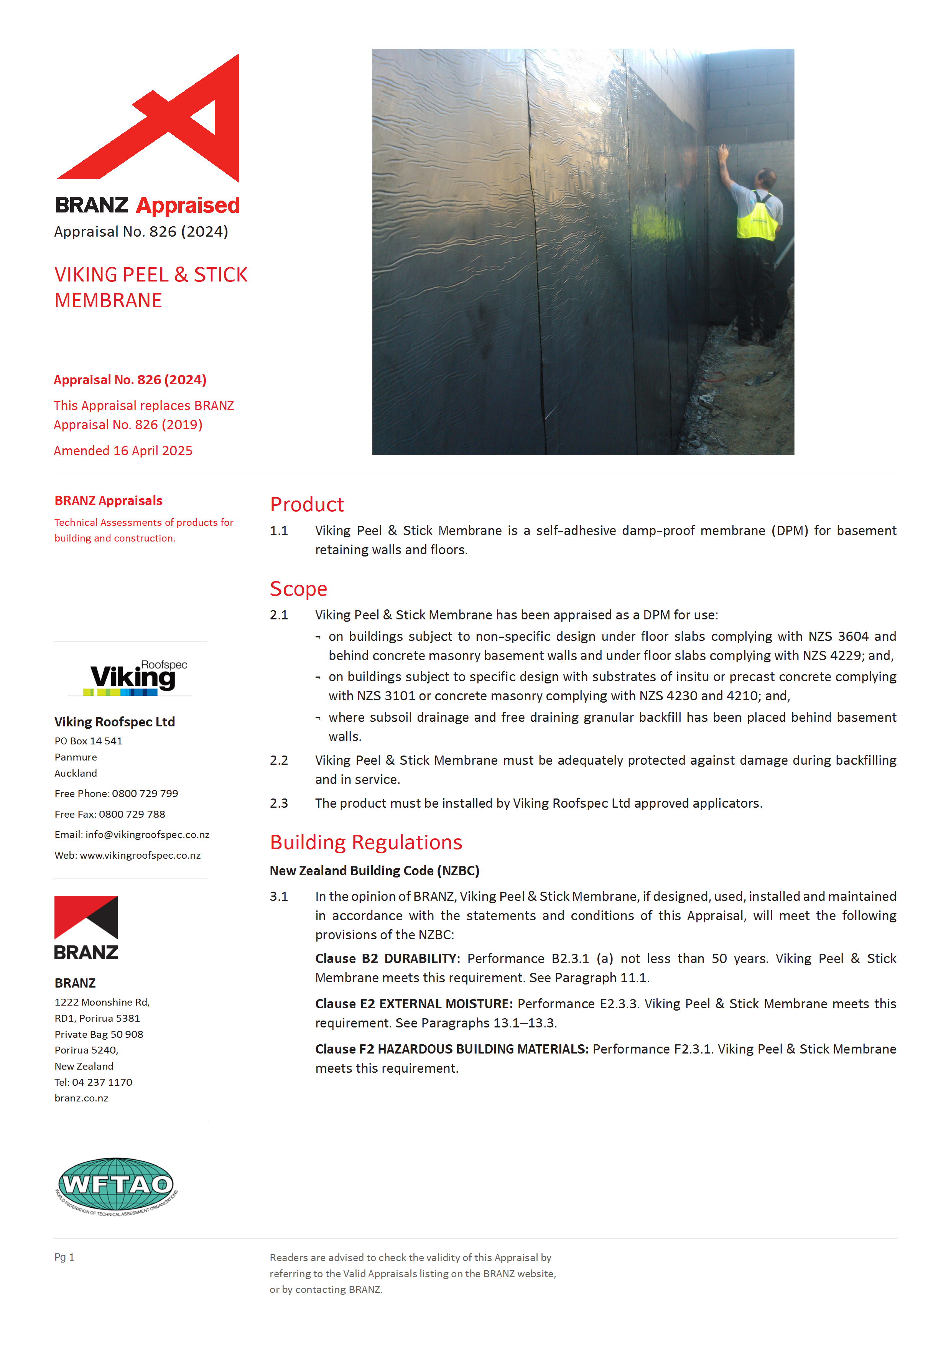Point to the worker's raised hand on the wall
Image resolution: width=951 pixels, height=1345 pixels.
pos(723,153)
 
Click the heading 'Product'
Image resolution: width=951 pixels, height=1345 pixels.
pos(307,504)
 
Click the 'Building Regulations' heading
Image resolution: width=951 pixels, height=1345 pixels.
pos(366,842)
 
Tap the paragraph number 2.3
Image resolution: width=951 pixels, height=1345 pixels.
pos(279,803)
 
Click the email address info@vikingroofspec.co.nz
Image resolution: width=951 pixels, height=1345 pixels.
pos(147,835)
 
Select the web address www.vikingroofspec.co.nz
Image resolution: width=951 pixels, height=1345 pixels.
pos(140,855)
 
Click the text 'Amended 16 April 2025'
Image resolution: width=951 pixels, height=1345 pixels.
pos(123,451)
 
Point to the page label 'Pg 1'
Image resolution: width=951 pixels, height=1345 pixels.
pos(64,1256)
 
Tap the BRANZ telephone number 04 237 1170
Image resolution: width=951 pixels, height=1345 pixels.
pos(102,1082)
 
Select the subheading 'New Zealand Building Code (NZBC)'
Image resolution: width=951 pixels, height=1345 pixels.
pos(374,871)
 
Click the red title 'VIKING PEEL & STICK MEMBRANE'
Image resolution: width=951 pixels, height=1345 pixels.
pos(150,287)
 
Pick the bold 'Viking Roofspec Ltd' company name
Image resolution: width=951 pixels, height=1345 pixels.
pos(115,722)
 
